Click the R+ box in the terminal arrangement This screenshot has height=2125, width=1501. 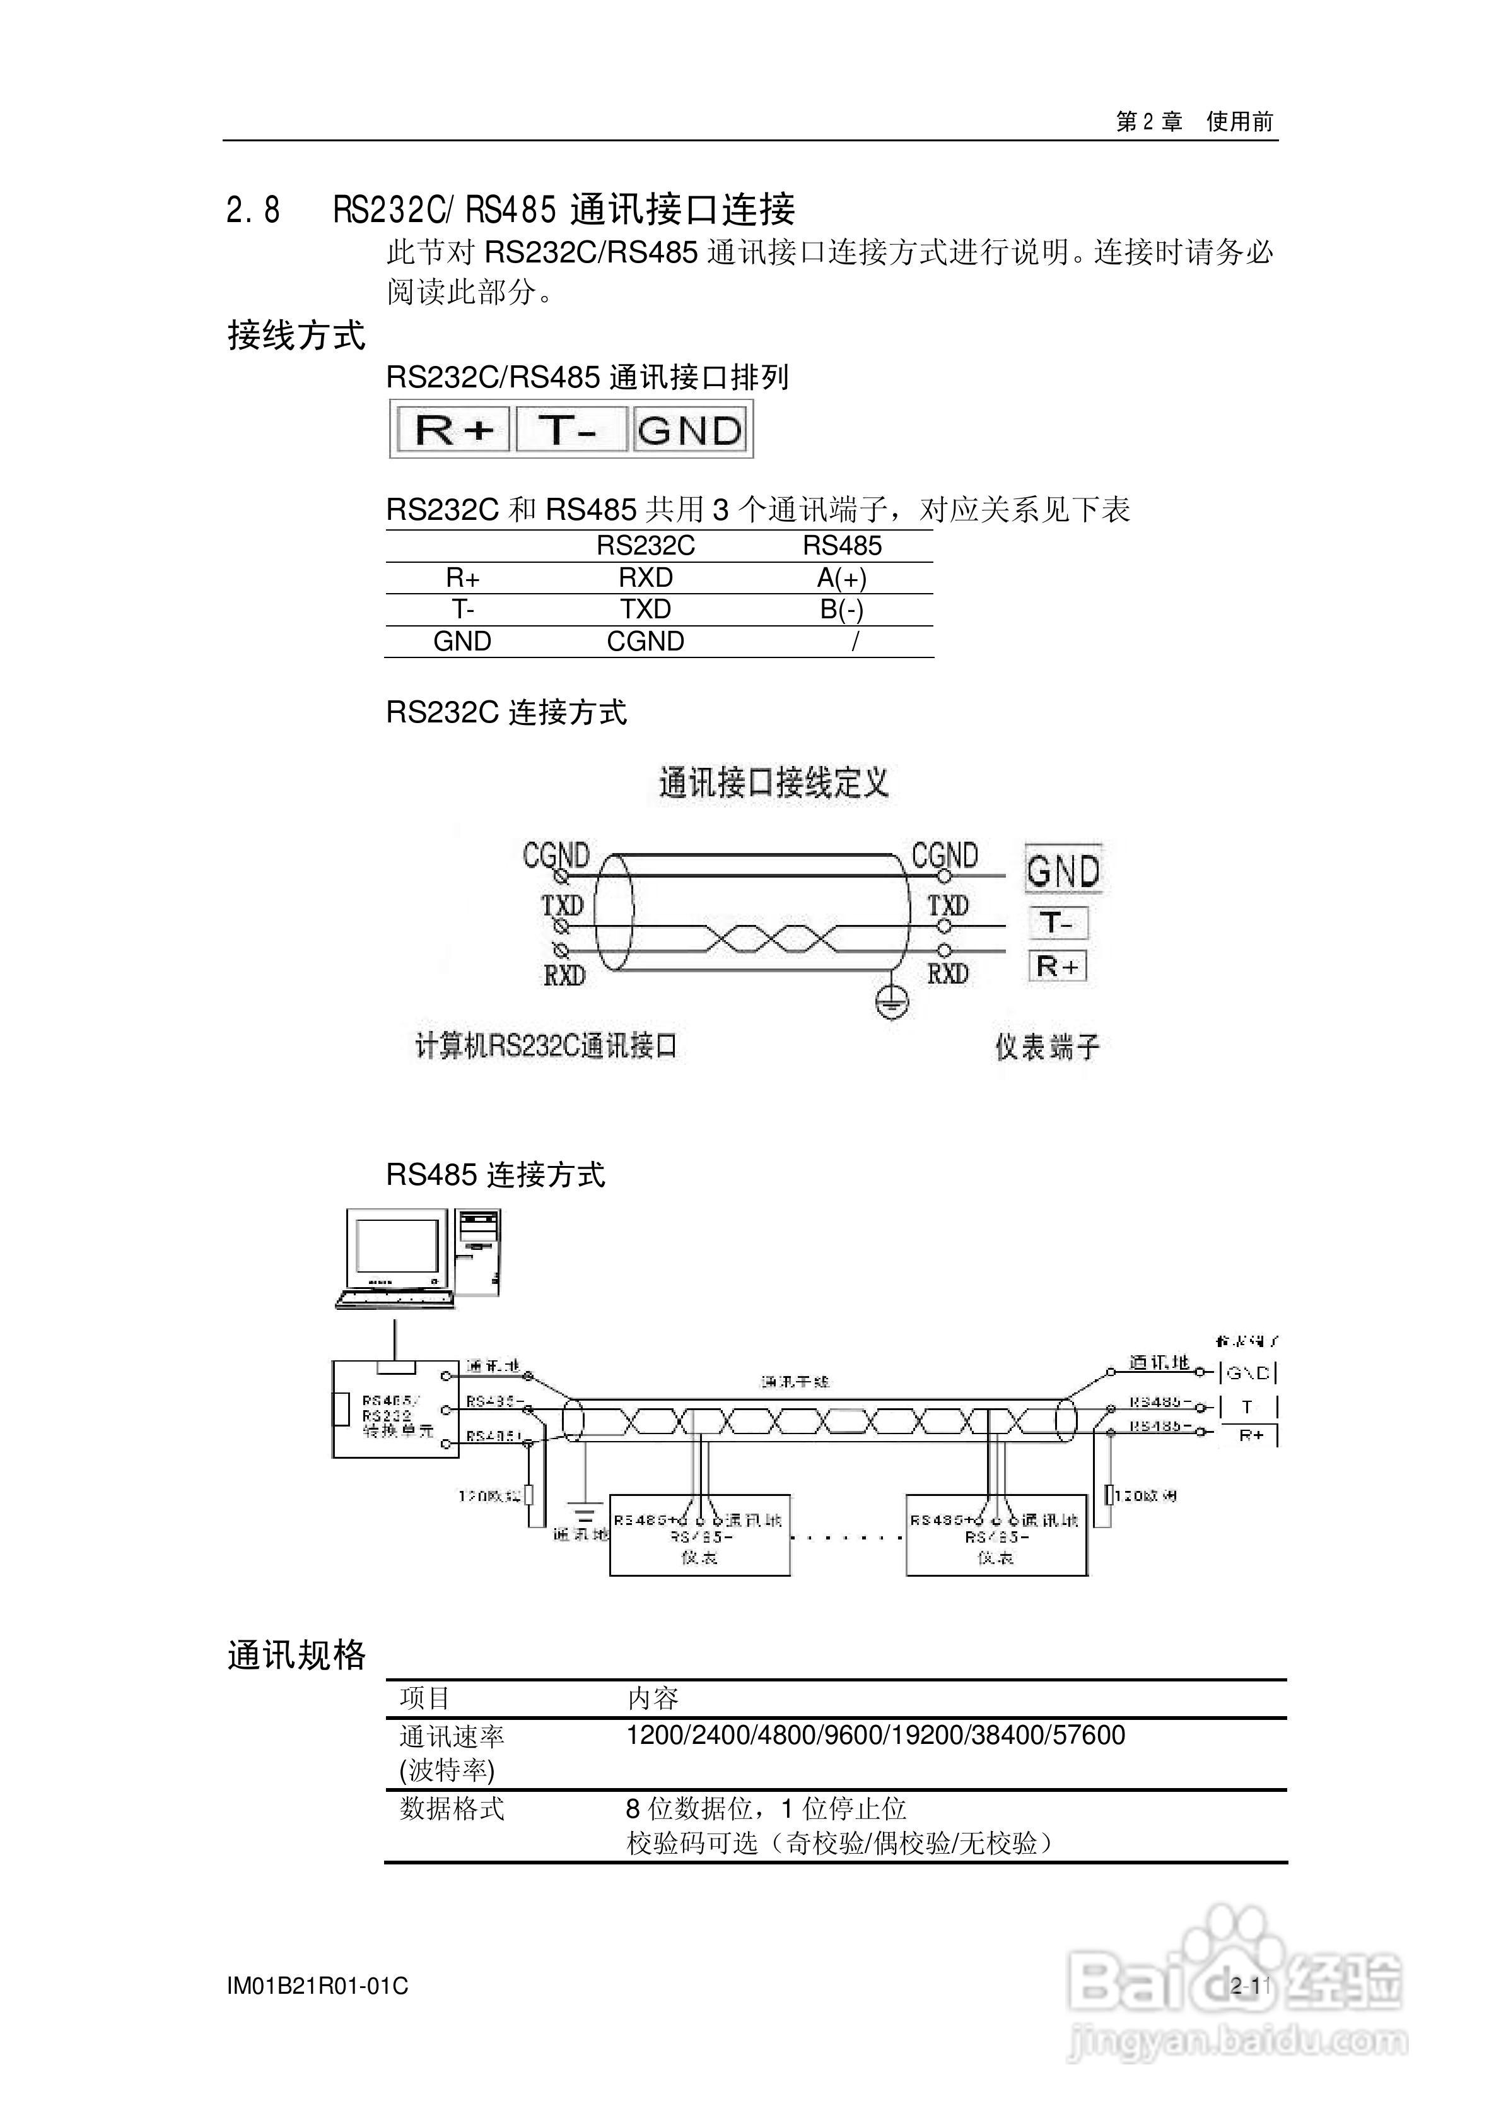tap(453, 430)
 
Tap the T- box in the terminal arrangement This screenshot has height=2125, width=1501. tap(569, 430)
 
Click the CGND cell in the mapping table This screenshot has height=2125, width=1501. tap(645, 642)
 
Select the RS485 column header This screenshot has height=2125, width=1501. tap(841, 546)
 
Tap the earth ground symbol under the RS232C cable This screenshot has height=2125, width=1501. tap(892, 1001)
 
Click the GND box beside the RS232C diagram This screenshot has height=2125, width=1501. tap(1063, 871)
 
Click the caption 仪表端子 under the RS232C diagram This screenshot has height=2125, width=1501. tap(1047, 1047)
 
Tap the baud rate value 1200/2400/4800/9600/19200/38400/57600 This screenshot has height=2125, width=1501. tap(875, 1735)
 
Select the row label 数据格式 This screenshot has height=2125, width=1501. tap(452, 1808)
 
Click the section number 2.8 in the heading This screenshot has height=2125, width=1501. tap(253, 211)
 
